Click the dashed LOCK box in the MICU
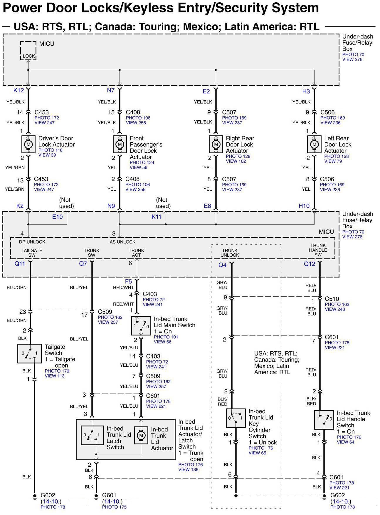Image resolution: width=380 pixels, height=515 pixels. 28,51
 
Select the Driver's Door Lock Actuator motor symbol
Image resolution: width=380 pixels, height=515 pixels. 28,144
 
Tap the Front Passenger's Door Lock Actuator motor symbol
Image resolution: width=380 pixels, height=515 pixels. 120,144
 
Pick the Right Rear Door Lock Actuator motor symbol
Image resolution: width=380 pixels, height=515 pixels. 216,144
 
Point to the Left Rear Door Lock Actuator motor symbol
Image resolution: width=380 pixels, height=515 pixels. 314,144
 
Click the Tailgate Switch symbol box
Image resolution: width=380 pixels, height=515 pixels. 29,353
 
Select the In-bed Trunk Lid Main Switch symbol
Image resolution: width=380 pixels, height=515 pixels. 141,326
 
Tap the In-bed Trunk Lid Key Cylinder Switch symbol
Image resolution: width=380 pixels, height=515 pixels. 236,418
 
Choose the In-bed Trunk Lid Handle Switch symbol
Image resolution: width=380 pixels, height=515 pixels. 324,419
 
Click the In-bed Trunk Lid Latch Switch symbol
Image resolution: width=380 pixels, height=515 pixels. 92,435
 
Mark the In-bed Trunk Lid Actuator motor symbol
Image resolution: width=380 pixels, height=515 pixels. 141,435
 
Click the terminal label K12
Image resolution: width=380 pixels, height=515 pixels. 19,90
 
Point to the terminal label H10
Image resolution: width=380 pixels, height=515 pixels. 304,206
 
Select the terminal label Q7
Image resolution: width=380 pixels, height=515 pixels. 83,264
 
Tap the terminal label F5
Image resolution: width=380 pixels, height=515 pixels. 128,281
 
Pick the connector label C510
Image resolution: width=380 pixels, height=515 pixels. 332,299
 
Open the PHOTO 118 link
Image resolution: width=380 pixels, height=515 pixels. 51,150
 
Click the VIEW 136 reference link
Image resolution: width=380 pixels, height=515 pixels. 188,470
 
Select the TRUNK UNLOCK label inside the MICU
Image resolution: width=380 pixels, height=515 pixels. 230,253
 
